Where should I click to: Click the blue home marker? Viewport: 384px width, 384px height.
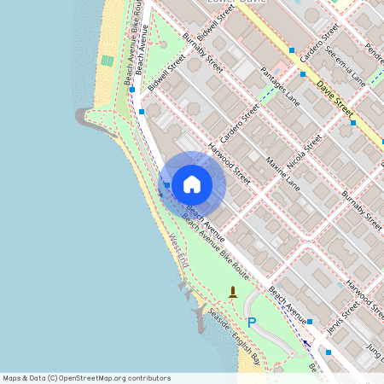coord(192,183)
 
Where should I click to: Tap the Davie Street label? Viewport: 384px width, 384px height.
coord(334,98)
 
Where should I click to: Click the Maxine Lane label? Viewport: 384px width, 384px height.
coord(282,173)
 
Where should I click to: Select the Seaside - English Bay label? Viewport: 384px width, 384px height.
coord(232,335)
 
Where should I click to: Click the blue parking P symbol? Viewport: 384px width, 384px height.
coord(251,322)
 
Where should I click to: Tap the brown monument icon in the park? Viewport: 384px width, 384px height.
coord(232,293)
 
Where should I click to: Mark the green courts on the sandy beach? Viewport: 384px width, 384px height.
coord(107,61)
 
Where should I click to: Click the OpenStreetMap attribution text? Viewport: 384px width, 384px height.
coord(86,378)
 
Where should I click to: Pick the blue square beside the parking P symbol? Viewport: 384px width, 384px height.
coord(309,322)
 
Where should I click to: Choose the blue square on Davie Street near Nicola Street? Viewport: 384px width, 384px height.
coord(352,123)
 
